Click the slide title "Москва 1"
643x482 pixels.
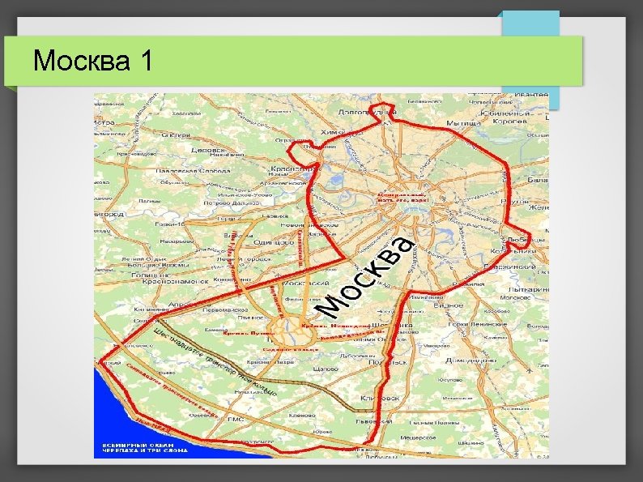(x=92, y=61)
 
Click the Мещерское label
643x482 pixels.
(x=417, y=437)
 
